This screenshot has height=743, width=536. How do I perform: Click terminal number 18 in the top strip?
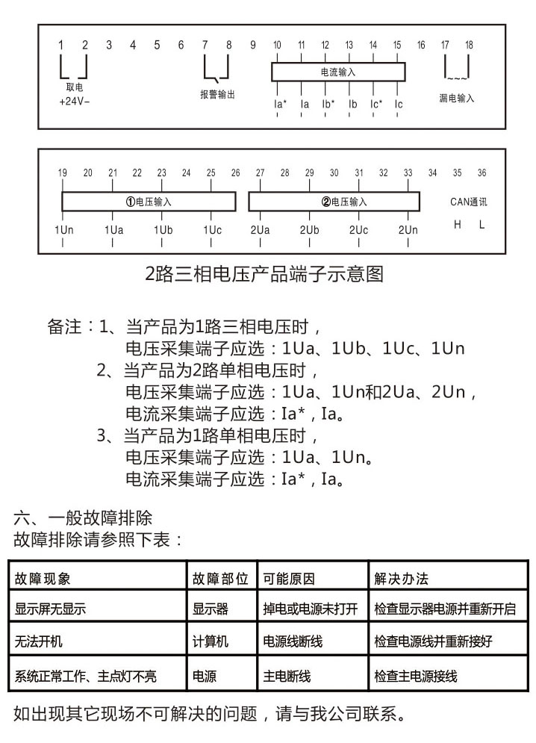coord(469,46)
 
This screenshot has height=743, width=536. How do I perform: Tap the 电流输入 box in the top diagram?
coord(337,72)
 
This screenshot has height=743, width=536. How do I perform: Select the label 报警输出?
coord(218,95)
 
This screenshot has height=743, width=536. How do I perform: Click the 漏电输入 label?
coord(456,99)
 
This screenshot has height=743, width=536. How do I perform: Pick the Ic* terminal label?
coord(376,105)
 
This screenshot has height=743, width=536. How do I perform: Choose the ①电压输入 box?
coord(149,202)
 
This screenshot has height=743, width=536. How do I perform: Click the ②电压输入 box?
coord(344,202)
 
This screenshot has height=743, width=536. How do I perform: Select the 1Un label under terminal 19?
coord(63,230)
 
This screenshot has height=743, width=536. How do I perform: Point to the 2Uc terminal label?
coord(358,230)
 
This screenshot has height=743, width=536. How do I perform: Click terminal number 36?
coord(482,172)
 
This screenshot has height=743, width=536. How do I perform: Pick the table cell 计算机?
coord(211,641)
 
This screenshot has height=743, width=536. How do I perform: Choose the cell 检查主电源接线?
coord(415,677)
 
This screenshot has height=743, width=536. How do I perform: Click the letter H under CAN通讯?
coord(458,224)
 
